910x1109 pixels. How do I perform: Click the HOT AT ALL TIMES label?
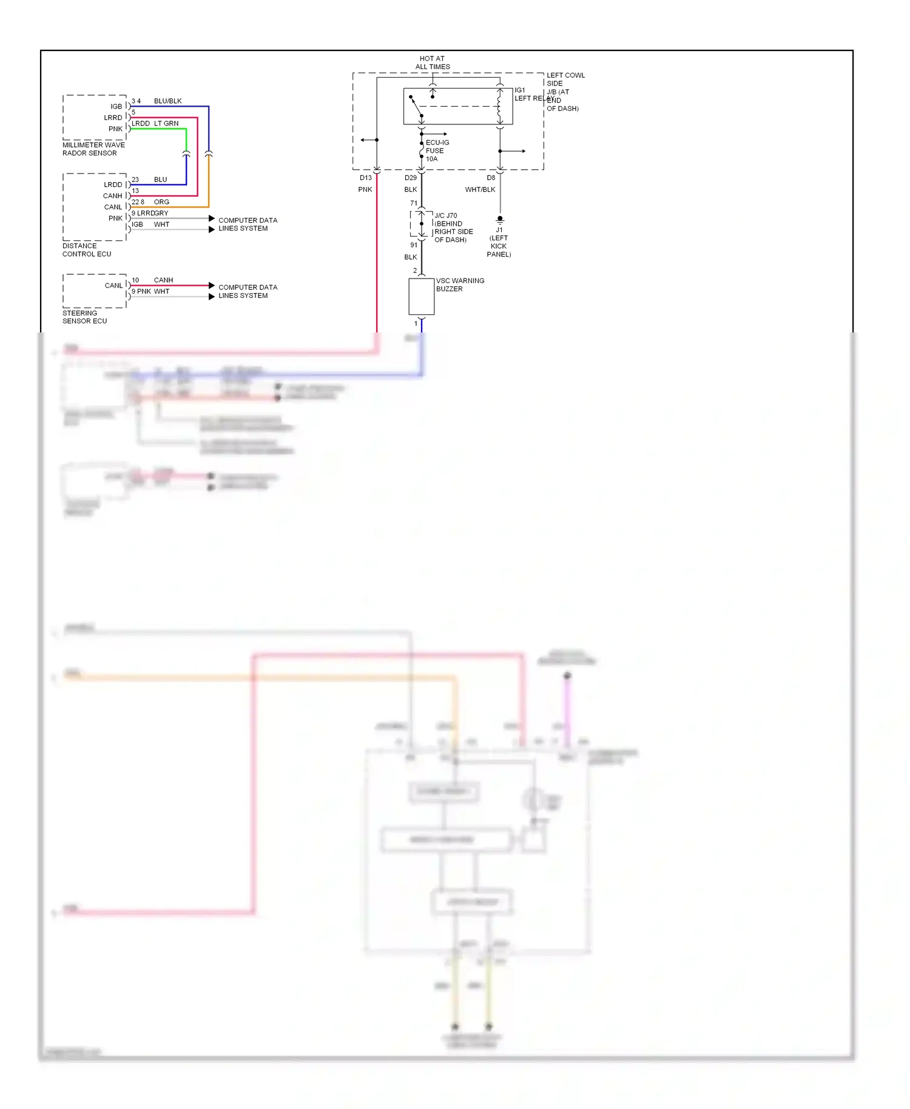(x=432, y=62)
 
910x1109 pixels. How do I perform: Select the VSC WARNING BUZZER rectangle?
(x=421, y=297)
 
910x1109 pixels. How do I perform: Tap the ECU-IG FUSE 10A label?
(x=437, y=150)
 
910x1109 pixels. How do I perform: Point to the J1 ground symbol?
(x=500, y=220)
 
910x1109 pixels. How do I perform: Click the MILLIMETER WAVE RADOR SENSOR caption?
(x=93, y=149)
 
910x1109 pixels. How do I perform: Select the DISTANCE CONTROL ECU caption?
(x=86, y=250)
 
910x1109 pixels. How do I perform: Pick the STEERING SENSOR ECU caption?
(x=84, y=317)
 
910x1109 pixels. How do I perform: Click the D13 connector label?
(x=365, y=178)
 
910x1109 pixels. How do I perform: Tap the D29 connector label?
(x=411, y=178)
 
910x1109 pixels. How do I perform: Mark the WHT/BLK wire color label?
(x=480, y=190)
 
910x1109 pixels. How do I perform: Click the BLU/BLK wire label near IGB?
(x=167, y=101)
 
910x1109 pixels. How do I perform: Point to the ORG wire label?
(x=161, y=202)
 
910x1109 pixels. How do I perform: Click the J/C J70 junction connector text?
(x=446, y=215)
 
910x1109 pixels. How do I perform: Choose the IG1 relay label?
(x=520, y=90)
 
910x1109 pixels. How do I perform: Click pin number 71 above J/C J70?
(x=414, y=203)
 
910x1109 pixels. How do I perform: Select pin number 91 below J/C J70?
(x=414, y=245)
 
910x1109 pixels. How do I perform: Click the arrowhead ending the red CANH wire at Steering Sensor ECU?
(x=211, y=286)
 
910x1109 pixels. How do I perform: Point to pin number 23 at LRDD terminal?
(x=135, y=180)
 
